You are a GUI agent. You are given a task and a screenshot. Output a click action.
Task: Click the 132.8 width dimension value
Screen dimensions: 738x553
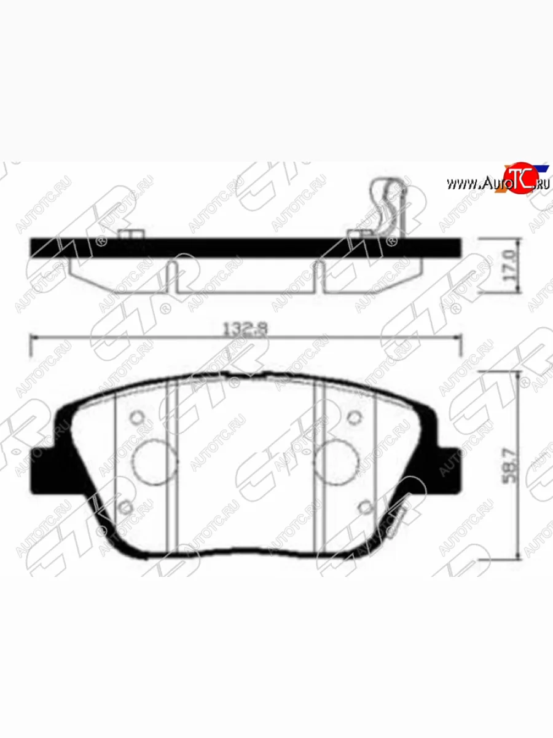(244, 330)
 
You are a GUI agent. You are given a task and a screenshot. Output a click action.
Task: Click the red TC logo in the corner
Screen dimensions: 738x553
(519, 180)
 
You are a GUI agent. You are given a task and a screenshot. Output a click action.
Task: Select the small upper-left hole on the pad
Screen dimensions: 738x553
(137, 418)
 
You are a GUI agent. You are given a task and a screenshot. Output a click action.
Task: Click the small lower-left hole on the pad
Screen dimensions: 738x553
(125, 507)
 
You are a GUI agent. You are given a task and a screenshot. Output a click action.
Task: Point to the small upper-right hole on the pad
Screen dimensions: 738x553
(353, 418)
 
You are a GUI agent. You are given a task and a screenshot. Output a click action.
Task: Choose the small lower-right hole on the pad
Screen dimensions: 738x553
(365, 507)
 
